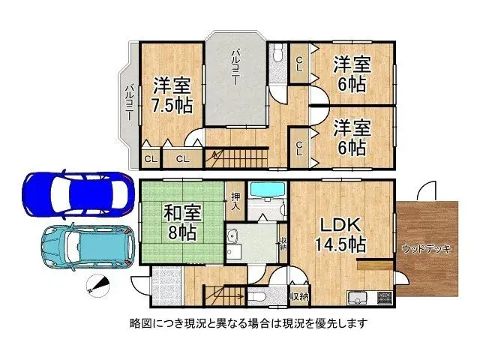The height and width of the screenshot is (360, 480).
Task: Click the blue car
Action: pyautogui.click(x=70, y=194)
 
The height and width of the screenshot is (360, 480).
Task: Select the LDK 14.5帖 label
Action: pyautogui.click(x=340, y=233)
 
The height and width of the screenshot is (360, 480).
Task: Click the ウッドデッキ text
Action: pyautogui.click(x=426, y=249)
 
